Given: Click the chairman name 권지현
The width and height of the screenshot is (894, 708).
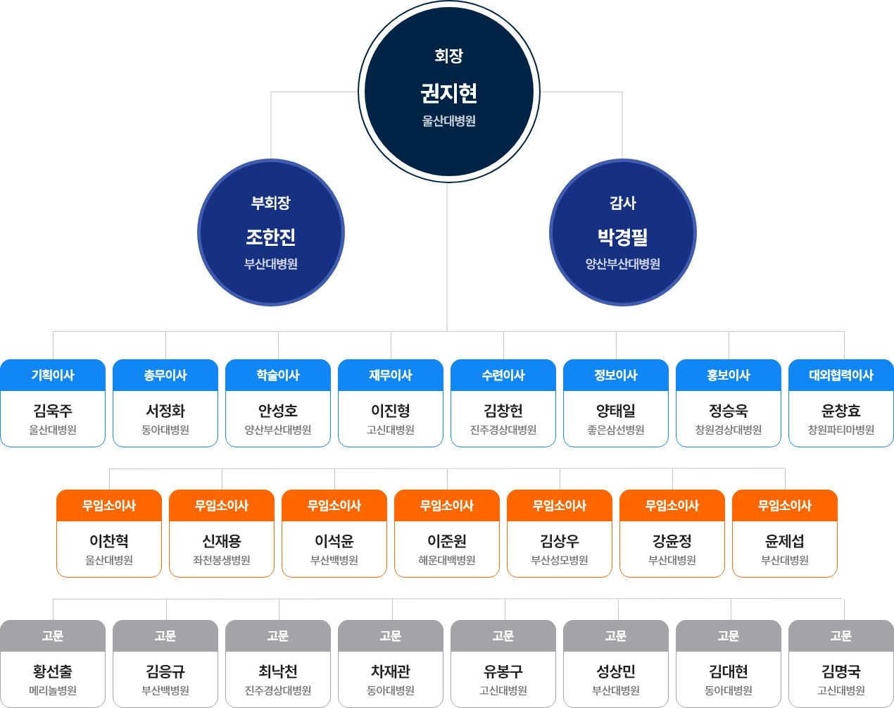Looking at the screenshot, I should click(x=448, y=93).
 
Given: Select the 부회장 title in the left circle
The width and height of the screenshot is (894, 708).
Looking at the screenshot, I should click(x=271, y=203).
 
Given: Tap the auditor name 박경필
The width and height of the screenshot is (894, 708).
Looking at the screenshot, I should click(x=622, y=237).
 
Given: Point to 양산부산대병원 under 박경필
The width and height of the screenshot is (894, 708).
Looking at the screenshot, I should click(x=622, y=264).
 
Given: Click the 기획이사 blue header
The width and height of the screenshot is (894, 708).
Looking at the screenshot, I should click(x=53, y=375).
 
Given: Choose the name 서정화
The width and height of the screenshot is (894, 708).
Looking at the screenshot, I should click(x=165, y=411).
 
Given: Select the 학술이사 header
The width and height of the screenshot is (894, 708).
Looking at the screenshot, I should click(x=278, y=375).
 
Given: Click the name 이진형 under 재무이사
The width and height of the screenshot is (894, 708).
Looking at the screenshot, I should click(x=391, y=411).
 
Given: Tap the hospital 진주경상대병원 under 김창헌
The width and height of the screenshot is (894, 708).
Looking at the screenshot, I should click(x=503, y=430).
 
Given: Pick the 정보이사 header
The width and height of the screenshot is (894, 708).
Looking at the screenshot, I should click(x=616, y=375).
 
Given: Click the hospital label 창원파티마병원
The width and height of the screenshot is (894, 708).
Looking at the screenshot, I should click(x=841, y=430).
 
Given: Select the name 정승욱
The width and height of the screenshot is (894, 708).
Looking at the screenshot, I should click(x=729, y=411).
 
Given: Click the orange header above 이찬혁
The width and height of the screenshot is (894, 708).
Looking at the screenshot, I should click(x=109, y=506).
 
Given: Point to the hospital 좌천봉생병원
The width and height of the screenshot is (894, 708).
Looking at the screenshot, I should click(x=222, y=560).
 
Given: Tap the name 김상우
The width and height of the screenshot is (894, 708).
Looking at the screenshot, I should click(x=560, y=541).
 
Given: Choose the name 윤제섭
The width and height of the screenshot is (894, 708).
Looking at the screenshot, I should click(x=785, y=541).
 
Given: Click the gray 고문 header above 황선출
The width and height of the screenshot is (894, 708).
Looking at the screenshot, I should click(x=53, y=636).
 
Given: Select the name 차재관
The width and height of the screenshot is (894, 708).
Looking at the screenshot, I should click(x=391, y=671).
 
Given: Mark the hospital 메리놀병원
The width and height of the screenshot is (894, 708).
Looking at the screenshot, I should click(x=53, y=690).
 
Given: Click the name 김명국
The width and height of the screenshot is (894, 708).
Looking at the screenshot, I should click(x=841, y=671).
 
